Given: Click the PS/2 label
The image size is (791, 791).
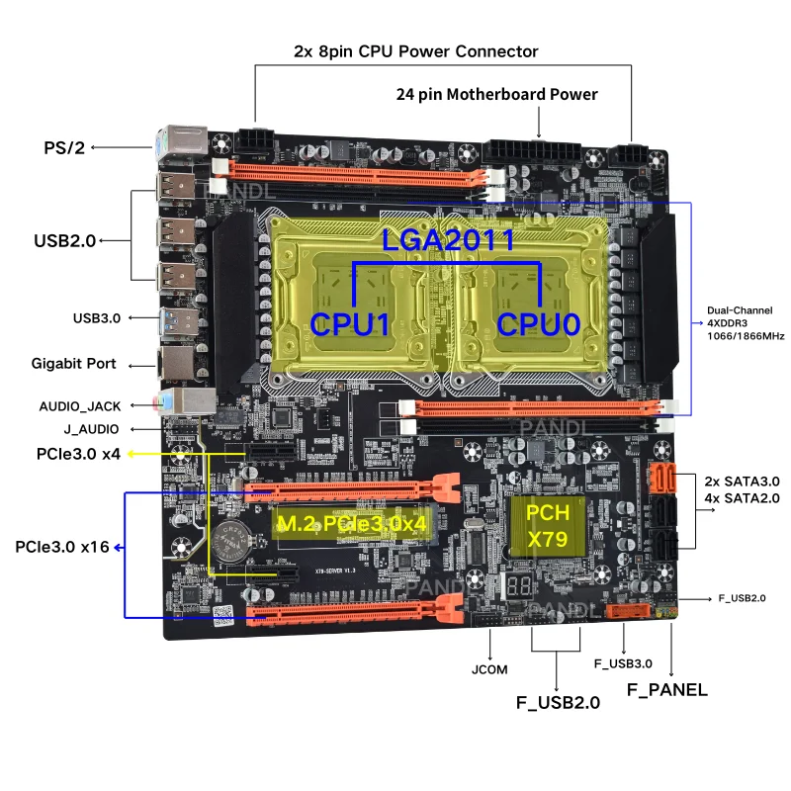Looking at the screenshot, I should [65, 148].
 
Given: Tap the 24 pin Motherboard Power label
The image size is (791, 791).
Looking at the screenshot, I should [496, 95].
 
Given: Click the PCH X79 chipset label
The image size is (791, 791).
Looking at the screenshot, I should [546, 526].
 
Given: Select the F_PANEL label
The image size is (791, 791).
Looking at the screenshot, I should [668, 690].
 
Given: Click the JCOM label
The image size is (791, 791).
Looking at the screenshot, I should [489, 669].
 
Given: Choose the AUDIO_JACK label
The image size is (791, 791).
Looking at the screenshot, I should [79, 405].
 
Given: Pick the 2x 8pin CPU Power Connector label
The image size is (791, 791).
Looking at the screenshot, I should [415, 51].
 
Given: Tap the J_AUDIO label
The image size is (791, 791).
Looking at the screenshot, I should [92, 429].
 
